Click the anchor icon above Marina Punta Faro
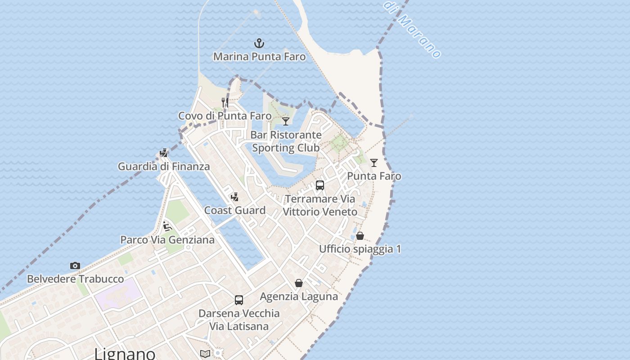(259, 44)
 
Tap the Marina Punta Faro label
(259, 57)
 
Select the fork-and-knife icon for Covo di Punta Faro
(225, 103)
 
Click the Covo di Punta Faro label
(225, 116)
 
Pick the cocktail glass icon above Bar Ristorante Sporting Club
(286, 121)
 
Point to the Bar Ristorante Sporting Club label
(286, 141)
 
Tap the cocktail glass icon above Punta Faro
(374, 162)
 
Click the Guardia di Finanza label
(164, 166)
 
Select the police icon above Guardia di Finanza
(164, 153)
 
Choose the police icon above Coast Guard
(234, 197)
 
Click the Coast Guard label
(235, 211)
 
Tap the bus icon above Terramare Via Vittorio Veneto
(320, 185)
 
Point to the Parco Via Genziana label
(167, 240)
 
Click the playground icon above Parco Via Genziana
(167, 226)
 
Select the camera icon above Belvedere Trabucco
(75, 266)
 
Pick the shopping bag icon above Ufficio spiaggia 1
(360, 235)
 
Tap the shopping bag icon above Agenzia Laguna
(299, 283)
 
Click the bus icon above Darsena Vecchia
(239, 300)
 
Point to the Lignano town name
(125, 354)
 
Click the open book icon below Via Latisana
(205, 354)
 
